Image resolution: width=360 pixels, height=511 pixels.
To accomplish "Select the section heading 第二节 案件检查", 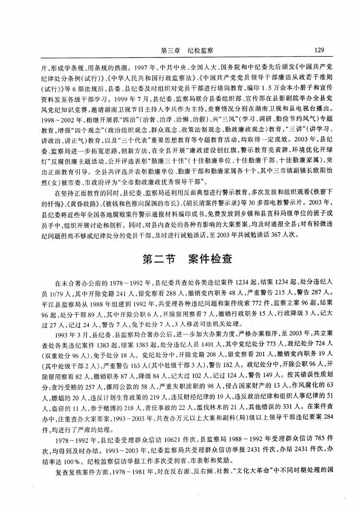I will [x=187, y=259].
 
